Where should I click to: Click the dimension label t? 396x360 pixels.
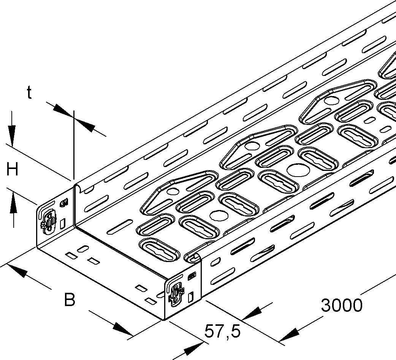coord(29,92)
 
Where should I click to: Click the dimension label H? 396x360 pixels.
coord(12,169)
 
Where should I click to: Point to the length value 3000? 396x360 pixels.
coord(342,305)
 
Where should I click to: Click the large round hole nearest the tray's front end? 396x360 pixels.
coord(217,216)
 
